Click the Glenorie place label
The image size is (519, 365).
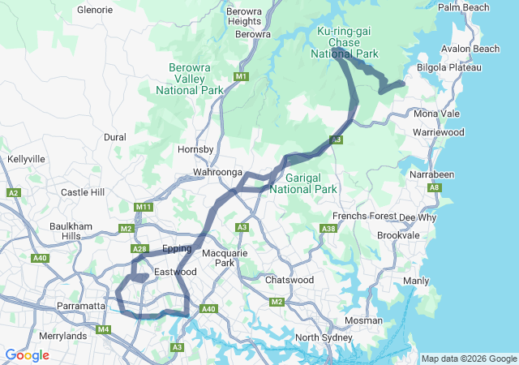[95, 11]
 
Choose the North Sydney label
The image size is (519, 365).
[323, 337]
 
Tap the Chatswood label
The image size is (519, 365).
[290, 280]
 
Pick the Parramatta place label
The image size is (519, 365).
[81, 306]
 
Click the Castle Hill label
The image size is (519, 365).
[83, 192]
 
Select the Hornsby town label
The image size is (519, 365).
[195, 150]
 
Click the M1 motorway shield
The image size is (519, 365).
[241, 77]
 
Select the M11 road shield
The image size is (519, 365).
[144, 208]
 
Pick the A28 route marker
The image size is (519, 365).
[139, 249]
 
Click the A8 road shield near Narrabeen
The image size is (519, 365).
[435, 187]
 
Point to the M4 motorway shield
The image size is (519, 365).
[103, 329]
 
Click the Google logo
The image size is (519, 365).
[27, 355]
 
